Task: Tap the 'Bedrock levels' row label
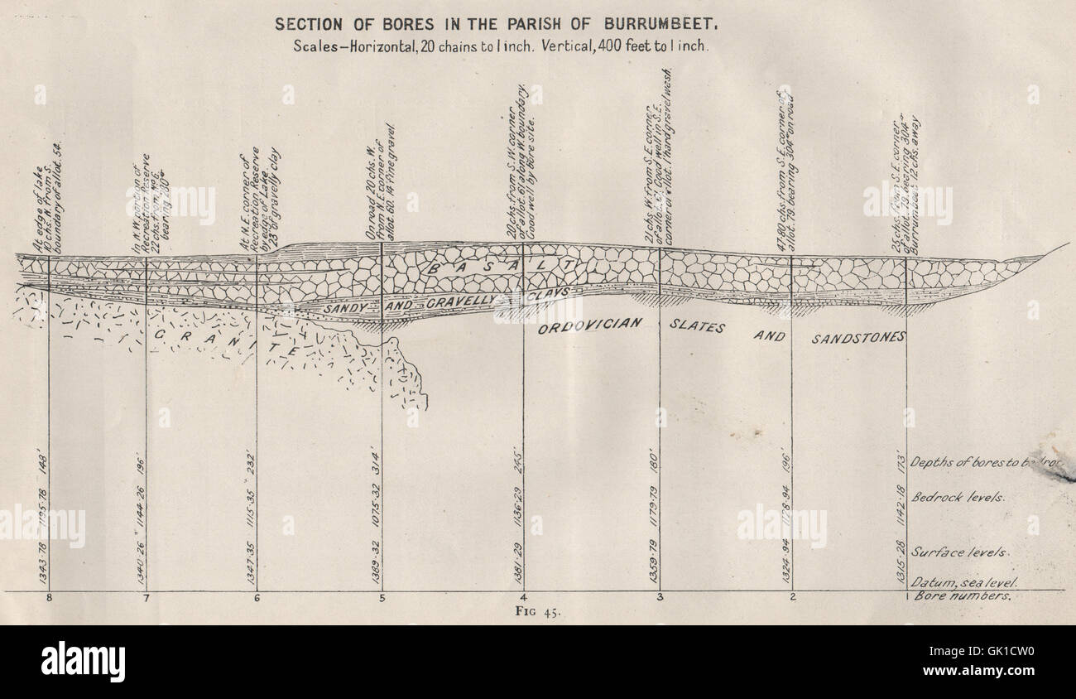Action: pos(958,498)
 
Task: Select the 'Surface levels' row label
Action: pos(959,552)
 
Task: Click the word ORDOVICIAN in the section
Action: pos(589,325)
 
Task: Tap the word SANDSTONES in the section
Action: pos(857,338)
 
